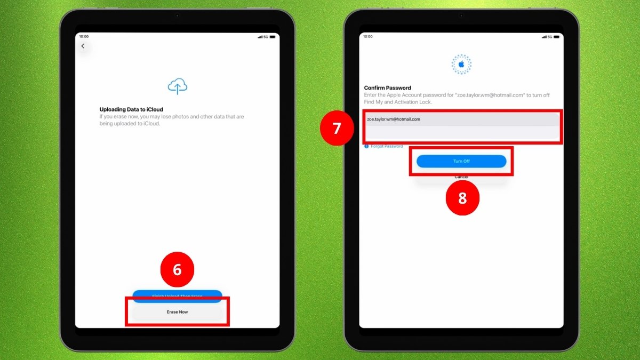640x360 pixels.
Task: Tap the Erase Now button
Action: (x=177, y=311)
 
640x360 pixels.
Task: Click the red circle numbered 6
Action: (x=177, y=270)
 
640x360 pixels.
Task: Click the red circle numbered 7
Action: (x=337, y=128)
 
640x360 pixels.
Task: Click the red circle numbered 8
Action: (x=462, y=198)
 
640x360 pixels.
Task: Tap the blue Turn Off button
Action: (x=461, y=161)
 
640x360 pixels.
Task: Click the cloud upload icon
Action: (x=177, y=86)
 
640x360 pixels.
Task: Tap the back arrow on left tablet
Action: (x=83, y=46)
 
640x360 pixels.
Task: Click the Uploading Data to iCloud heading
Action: (x=131, y=109)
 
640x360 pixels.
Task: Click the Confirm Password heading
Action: (x=388, y=88)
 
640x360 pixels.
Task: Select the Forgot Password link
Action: (x=387, y=146)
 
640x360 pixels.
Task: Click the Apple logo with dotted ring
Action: (x=461, y=65)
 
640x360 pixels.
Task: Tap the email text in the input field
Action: (x=394, y=119)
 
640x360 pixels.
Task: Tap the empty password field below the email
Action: (x=461, y=133)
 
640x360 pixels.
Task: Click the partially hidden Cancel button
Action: (x=461, y=177)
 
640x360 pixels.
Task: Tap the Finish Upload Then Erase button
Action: (x=177, y=294)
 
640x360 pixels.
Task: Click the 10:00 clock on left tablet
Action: (x=84, y=37)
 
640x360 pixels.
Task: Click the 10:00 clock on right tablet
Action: (x=368, y=37)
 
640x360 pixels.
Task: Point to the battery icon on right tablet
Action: (x=556, y=37)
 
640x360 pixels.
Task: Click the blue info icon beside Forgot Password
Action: (x=366, y=146)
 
